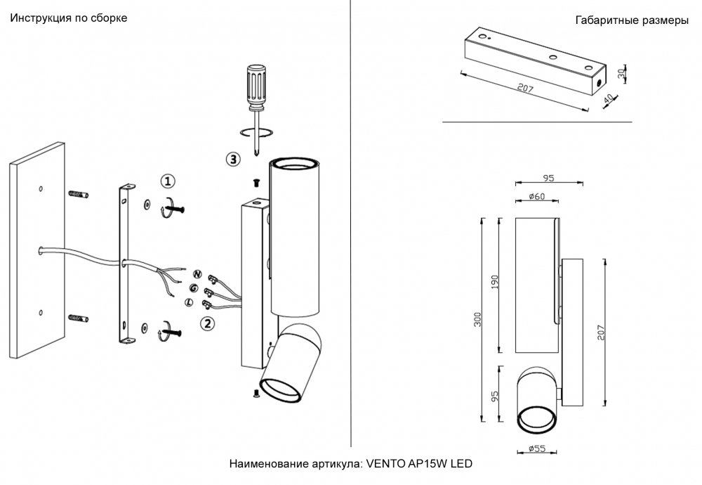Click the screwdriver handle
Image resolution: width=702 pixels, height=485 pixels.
255,86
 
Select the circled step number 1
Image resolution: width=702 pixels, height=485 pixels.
167,181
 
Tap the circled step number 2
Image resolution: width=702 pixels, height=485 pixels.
207,323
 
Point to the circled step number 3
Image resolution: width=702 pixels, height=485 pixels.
233,159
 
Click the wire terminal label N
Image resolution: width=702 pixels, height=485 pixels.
197,274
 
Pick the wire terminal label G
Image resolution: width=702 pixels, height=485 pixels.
193,287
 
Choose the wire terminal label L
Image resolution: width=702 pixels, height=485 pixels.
188,302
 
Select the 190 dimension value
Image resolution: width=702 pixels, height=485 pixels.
495,283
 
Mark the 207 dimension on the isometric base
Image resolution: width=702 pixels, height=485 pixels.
522,88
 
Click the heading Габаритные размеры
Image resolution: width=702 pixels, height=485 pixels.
631,20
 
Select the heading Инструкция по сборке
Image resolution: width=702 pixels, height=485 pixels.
68,18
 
